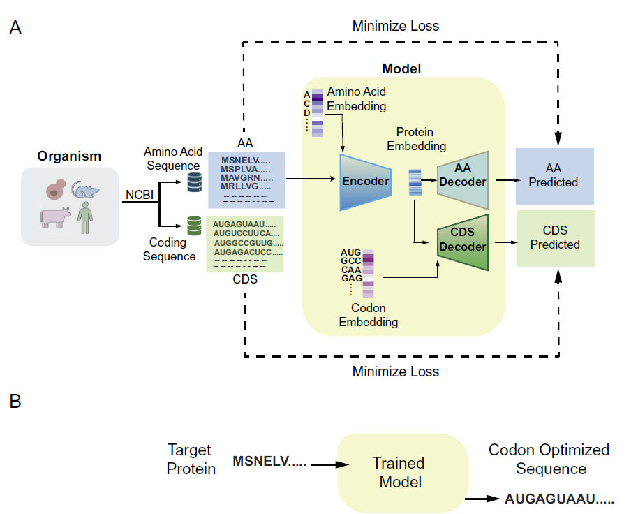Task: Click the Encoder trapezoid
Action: click(x=365, y=182)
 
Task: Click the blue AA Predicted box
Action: click(x=554, y=176)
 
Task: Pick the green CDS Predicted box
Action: click(x=556, y=238)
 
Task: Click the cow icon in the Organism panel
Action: click(x=55, y=216)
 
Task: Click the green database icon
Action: click(x=193, y=226)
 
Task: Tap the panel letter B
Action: click(x=15, y=402)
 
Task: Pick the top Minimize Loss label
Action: click(x=396, y=27)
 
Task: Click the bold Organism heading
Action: click(x=69, y=156)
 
